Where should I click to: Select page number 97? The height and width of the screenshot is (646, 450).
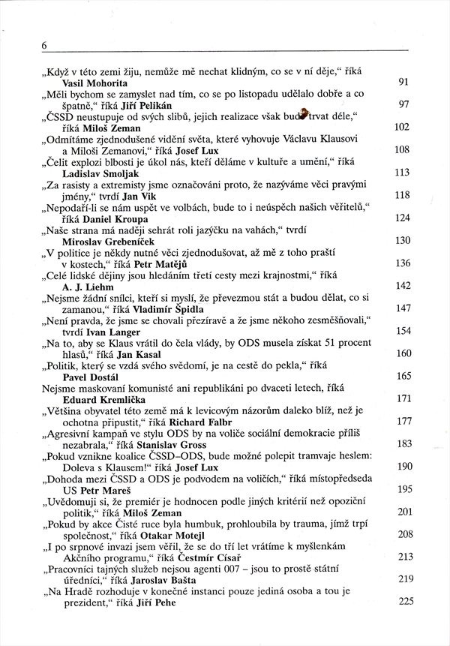click(403, 104)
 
